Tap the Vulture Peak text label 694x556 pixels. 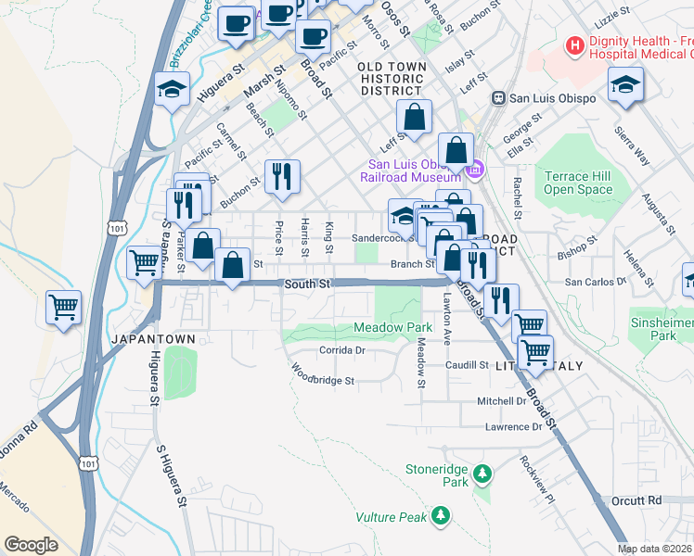tap(394, 514)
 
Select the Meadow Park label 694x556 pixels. tap(393, 328)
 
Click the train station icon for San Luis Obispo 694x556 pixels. tap(498, 96)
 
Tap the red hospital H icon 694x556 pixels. tap(575, 44)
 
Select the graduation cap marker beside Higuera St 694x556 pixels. tap(172, 90)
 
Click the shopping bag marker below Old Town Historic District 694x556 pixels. tap(415, 117)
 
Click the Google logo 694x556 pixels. tap(32, 545)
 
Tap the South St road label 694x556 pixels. tap(308, 284)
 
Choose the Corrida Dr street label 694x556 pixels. tap(342, 350)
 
